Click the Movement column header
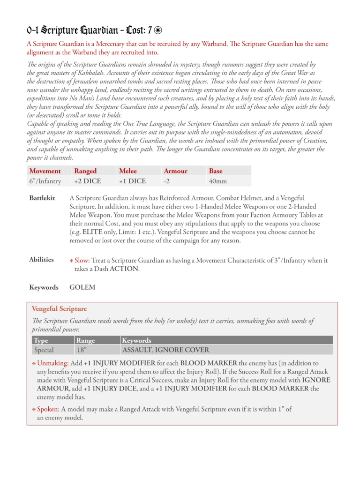point(45,171)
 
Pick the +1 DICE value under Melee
point(133,181)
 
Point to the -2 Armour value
point(167,181)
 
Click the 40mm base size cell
point(217,181)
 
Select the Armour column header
point(175,171)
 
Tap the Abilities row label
point(41,260)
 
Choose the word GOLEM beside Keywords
point(82,287)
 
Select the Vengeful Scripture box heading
point(59,309)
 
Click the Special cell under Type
point(44,350)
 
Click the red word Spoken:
point(48,409)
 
